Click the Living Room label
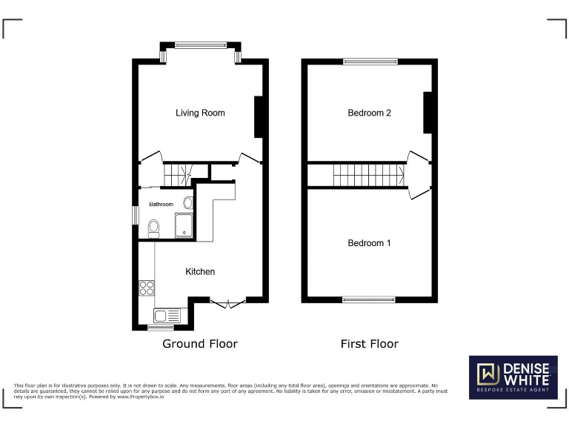click(x=200, y=113)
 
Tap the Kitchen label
click(x=200, y=271)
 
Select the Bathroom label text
click(x=162, y=204)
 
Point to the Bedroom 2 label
click(x=369, y=113)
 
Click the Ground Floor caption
click(x=200, y=344)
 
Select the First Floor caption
click(x=369, y=344)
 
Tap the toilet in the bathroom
click(x=153, y=228)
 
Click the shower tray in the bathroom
click(x=183, y=225)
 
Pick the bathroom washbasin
click(x=187, y=202)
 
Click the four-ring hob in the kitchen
click(x=146, y=288)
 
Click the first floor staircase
click(x=368, y=176)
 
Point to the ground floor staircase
click(x=177, y=175)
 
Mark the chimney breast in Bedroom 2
click(x=427, y=113)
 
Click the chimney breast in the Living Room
click(x=259, y=117)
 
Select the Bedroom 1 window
click(x=369, y=299)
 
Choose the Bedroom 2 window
click(x=370, y=62)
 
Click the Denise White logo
click(x=513, y=377)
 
